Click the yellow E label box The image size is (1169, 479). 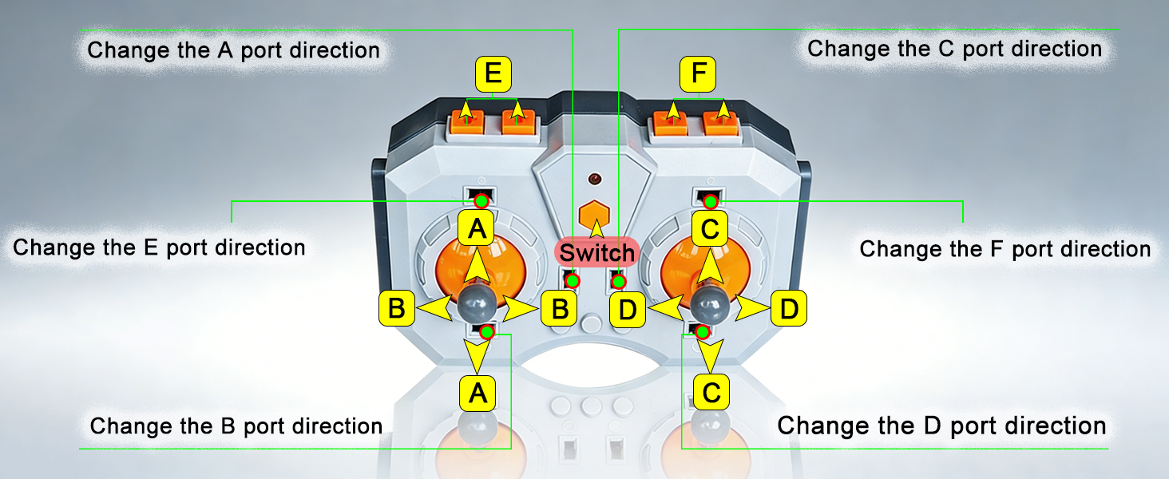pos(493,74)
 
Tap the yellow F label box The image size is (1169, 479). pos(698,74)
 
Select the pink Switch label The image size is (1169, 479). pos(597,252)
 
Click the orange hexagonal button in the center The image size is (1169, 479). pos(594,213)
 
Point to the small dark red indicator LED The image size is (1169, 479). pos(594,180)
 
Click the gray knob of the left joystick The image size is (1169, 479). pos(477,302)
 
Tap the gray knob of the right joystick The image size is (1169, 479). pos(711,303)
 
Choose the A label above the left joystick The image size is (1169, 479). pos(476,228)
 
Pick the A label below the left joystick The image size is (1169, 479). pos(478,393)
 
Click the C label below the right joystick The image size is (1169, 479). pos(711,393)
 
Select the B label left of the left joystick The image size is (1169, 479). pos(397,308)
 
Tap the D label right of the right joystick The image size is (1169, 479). pos(789,309)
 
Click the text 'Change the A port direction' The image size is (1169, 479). pos(233,50)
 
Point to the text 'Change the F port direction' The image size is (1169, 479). pos(1005,249)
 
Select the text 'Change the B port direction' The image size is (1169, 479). pos(236,426)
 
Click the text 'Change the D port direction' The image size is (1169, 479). pos(941,426)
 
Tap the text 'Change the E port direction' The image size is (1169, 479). pos(159,247)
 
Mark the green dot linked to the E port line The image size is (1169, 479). pos(481,201)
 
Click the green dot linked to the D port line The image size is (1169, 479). pos(703,332)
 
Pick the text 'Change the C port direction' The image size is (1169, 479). pos(954,49)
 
